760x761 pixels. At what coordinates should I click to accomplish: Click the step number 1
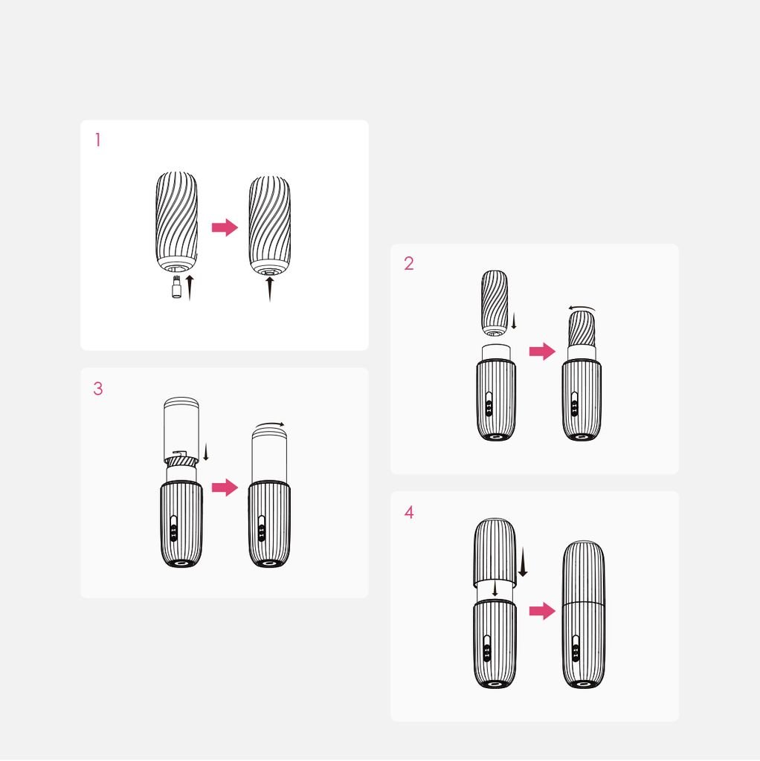(97, 140)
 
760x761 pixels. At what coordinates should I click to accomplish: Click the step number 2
(409, 264)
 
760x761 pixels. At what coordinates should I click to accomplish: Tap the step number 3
(98, 389)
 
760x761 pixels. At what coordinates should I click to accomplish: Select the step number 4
(409, 513)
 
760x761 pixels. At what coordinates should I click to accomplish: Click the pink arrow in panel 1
(225, 227)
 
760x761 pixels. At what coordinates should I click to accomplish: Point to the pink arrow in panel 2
(542, 351)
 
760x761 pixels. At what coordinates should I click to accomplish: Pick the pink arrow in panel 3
(225, 488)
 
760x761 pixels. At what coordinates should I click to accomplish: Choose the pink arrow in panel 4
(542, 611)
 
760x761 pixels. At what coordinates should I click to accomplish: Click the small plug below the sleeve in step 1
(177, 288)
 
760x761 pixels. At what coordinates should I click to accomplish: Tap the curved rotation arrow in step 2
(582, 308)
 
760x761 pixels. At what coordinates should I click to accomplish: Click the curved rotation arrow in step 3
(270, 424)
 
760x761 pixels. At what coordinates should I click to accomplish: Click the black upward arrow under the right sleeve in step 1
(269, 289)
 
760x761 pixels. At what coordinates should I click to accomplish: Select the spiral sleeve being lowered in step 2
(495, 303)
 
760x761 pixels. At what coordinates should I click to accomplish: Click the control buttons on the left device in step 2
(489, 405)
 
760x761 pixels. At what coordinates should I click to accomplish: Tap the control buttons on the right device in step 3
(262, 529)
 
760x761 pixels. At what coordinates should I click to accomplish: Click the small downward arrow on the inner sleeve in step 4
(495, 589)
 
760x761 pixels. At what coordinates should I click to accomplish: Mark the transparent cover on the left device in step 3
(181, 430)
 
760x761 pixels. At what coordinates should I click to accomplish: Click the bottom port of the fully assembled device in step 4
(583, 684)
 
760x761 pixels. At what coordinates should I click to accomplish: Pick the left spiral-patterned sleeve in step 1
(177, 221)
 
